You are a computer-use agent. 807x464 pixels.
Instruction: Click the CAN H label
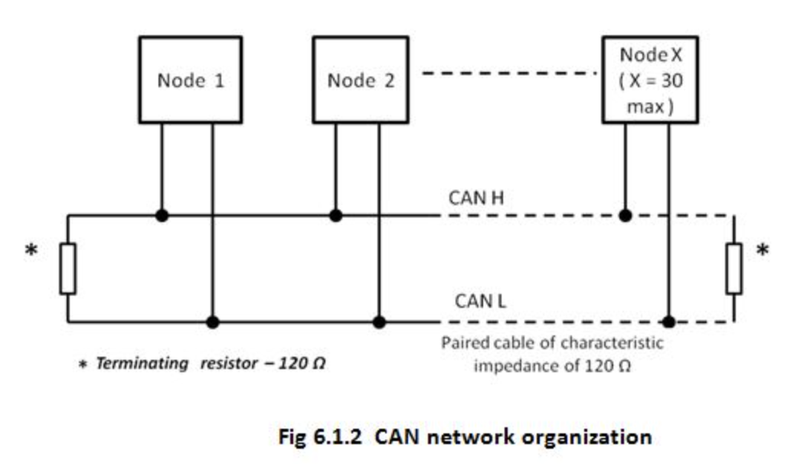[x=476, y=198]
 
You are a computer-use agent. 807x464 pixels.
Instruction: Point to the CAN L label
[x=480, y=301]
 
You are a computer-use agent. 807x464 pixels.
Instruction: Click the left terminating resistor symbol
[x=68, y=269]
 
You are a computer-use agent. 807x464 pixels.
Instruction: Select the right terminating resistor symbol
[x=734, y=269]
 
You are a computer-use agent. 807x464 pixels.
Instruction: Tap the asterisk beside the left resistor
[x=31, y=250]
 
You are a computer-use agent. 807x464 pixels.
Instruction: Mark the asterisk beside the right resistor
[x=763, y=250]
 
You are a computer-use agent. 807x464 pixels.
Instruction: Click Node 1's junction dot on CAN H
[x=162, y=216]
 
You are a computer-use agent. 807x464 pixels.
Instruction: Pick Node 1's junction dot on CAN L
[x=213, y=322]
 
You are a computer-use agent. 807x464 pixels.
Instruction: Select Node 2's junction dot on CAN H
[x=335, y=216]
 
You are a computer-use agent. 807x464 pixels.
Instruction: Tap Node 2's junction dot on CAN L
[x=379, y=322]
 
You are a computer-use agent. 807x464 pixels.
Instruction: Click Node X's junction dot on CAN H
[x=626, y=216]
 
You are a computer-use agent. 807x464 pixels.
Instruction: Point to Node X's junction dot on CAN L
[x=668, y=322]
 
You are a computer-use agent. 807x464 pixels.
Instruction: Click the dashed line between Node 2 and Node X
[x=509, y=73]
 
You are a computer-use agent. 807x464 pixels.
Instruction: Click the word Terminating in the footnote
[x=142, y=364]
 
